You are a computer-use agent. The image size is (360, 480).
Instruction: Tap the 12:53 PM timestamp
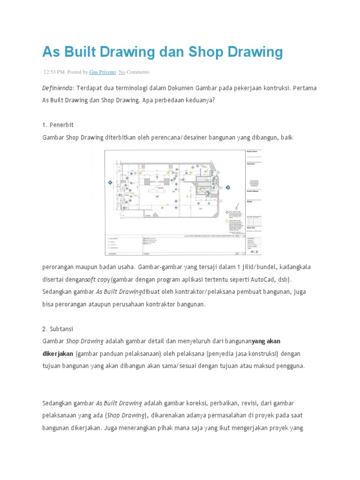pyautogui.click(x=54, y=72)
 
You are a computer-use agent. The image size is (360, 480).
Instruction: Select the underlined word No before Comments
pyautogui.click(x=121, y=72)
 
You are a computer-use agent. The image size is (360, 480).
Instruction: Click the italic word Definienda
pyautogui.click(x=58, y=88)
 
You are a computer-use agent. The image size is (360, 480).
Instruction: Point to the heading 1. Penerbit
pyautogui.click(x=58, y=125)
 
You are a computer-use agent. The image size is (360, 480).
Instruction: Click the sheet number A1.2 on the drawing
pyautogui.click(x=255, y=252)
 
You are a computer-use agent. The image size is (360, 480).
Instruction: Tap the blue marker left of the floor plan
pyautogui.click(x=109, y=183)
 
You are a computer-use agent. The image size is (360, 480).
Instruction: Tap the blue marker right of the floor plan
pyautogui.click(x=228, y=187)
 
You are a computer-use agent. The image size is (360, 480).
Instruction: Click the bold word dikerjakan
pyautogui.click(x=58, y=353)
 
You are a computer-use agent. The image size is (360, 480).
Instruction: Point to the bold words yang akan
pyautogui.click(x=266, y=341)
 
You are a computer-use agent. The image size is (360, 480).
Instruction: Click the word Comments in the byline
pyautogui.click(x=138, y=72)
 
